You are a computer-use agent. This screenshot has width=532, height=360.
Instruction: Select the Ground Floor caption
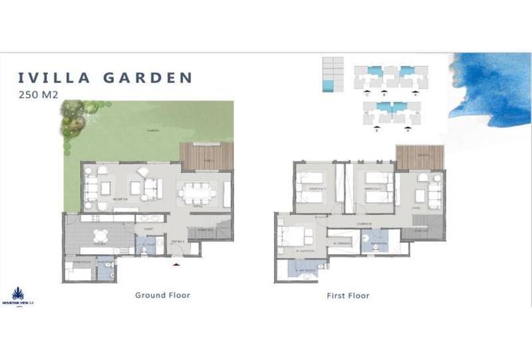(162, 295)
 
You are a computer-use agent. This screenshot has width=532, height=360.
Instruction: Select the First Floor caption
(348, 295)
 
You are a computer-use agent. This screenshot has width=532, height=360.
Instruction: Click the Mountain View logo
(17, 296)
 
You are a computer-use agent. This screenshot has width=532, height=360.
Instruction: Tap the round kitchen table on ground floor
(100, 235)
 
